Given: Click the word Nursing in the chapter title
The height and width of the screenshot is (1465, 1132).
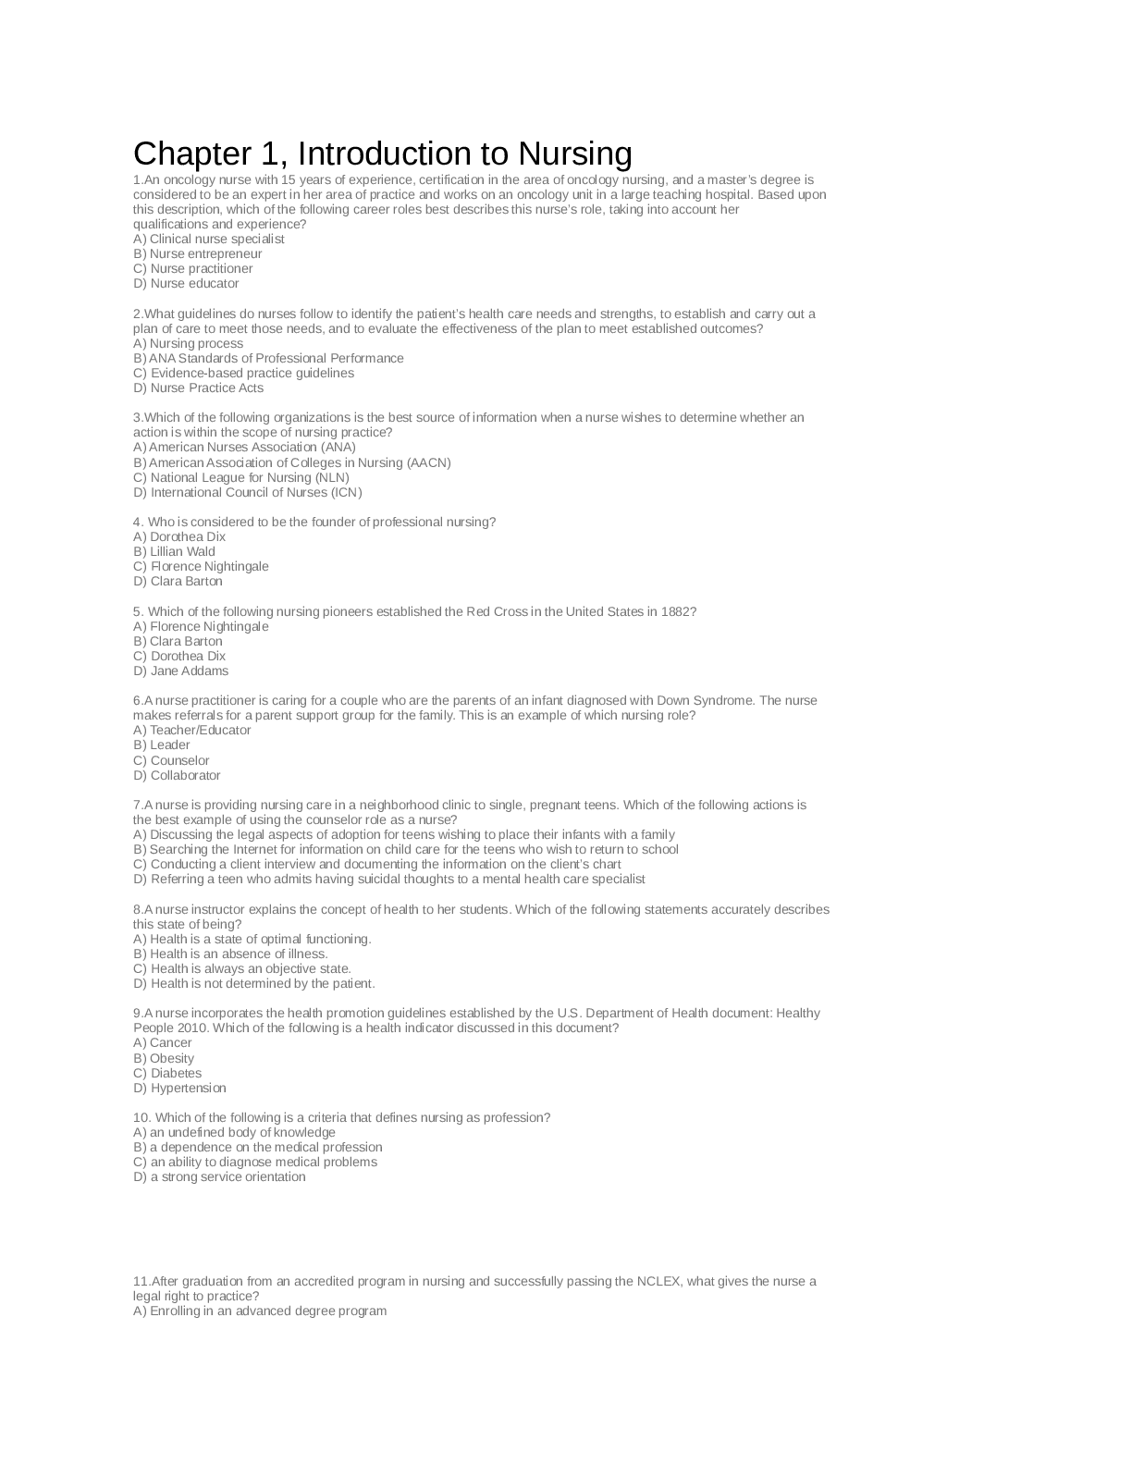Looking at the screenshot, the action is (x=574, y=154).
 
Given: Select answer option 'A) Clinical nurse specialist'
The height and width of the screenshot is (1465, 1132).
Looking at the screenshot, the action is (x=209, y=239).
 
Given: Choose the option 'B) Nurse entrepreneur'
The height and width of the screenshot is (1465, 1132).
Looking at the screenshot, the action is (x=198, y=253).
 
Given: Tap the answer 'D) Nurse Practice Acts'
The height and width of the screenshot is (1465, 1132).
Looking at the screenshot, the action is (x=199, y=388).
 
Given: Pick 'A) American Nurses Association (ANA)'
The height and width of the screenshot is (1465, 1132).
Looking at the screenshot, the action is (x=245, y=447).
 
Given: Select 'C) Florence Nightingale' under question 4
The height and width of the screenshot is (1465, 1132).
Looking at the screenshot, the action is (x=202, y=566).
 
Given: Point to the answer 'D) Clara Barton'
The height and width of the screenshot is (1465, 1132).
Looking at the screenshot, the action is (x=178, y=581).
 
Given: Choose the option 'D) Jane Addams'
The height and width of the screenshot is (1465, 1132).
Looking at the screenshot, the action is (x=181, y=671).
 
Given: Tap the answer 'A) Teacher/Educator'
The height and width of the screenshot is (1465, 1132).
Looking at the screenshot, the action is (x=192, y=730).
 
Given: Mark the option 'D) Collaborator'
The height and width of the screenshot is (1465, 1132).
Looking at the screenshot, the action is (x=178, y=775).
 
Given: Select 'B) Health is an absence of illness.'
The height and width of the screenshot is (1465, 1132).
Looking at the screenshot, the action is (x=231, y=954).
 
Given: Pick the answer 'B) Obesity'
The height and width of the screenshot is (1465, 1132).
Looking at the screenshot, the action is (x=164, y=1058).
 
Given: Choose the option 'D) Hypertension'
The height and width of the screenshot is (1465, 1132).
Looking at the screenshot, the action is (x=180, y=1088).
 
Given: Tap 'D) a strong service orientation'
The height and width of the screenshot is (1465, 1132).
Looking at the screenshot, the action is (x=220, y=1176).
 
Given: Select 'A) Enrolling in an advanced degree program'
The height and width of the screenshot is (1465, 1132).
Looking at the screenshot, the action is (x=260, y=1311).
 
